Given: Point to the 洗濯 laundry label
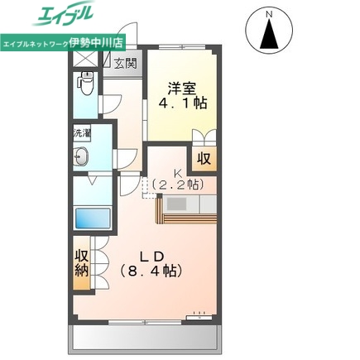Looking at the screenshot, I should coord(81,132).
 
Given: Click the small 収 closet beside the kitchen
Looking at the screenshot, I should coord(203,157).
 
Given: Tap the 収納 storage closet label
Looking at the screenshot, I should coord(82,263).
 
